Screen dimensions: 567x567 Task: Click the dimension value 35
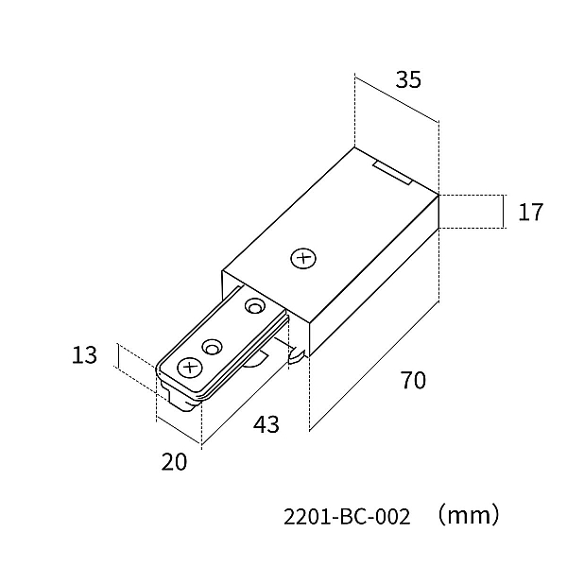(x=408, y=80)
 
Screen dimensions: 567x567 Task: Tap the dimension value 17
(x=530, y=213)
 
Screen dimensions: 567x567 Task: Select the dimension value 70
(x=413, y=380)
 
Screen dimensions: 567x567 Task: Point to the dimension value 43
(x=266, y=424)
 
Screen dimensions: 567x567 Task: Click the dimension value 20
(x=174, y=462)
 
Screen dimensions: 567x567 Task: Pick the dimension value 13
(x=84, y=355)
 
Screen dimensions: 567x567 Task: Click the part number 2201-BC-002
(x=347, y=516)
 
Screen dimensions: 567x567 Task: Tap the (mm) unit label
(x=469, y=515)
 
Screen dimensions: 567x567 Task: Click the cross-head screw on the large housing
(x=303, y=259)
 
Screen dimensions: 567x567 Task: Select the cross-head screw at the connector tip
(x=190, y=368)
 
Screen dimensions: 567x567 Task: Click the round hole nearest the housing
(x=255, y=306)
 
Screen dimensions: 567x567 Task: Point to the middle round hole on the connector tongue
(x=213, y=347)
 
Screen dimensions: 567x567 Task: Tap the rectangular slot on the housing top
(x=391, y=174)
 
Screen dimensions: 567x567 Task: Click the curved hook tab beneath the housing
(x=298, y=355)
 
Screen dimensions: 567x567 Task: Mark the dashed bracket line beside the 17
(x=504, y=212)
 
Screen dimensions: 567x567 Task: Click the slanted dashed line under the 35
(x=397, y=98)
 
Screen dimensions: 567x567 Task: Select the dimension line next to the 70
(x=374, y=365)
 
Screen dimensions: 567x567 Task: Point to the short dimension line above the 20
(x=179, y=432)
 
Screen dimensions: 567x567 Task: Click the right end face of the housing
(x=374, y=276)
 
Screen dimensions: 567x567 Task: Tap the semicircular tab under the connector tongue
(x=256, y=361)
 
